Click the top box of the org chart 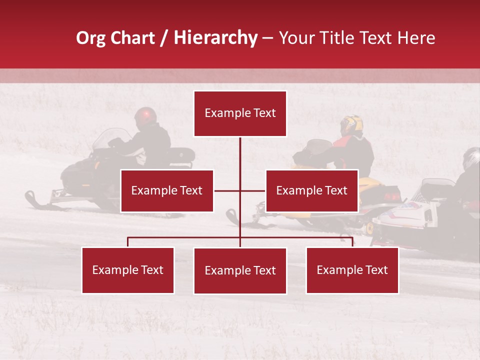coord(240,113)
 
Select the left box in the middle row coord(167,190)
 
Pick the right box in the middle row coord(312,190)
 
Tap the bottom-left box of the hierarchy coord(128,270)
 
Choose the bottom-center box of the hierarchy coord(240,270)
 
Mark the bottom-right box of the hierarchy coord(352,270)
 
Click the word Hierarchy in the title coord(215,38)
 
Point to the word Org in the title coord(90,38)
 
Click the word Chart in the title coord(132,38)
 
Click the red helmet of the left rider coord(145,116)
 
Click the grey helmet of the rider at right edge coord(471,157)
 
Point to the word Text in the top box coord(264,113)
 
